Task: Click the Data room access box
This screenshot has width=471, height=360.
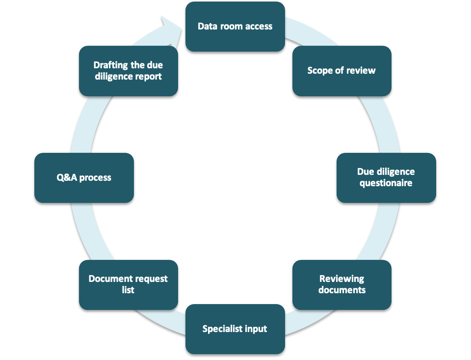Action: (235, 27)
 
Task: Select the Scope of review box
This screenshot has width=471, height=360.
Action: (342, 71)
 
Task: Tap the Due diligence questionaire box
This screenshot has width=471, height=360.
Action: (386, 178)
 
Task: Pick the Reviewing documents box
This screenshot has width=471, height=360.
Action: (342, 285)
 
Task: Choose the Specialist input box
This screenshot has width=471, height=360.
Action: (235, 329)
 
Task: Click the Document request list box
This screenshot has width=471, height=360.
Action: (129, 285)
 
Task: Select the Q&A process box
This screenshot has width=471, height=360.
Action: (84, 178)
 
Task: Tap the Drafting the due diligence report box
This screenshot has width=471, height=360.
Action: (129, 71)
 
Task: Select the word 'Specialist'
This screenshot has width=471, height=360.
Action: (222, 329)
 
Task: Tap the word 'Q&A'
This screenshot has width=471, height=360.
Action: (67, 177)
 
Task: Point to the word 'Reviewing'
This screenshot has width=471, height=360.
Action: (342, 279)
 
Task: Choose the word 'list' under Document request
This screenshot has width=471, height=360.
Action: (128, 290)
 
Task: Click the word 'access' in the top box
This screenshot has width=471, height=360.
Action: (259, 27)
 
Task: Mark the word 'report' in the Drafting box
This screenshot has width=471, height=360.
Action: (148, 77)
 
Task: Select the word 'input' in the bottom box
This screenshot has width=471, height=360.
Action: (256, 329)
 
